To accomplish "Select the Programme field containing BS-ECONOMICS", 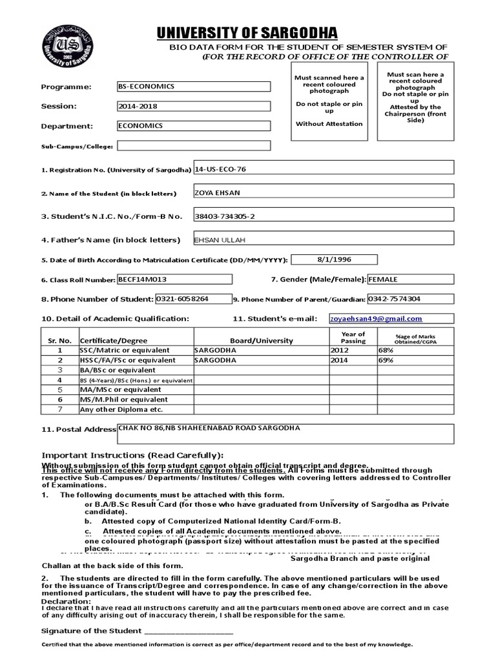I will click(193, 86).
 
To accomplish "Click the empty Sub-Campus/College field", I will click(193, 146).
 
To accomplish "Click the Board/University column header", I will click(261, 340).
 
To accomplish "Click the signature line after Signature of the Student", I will click(189, 631).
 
